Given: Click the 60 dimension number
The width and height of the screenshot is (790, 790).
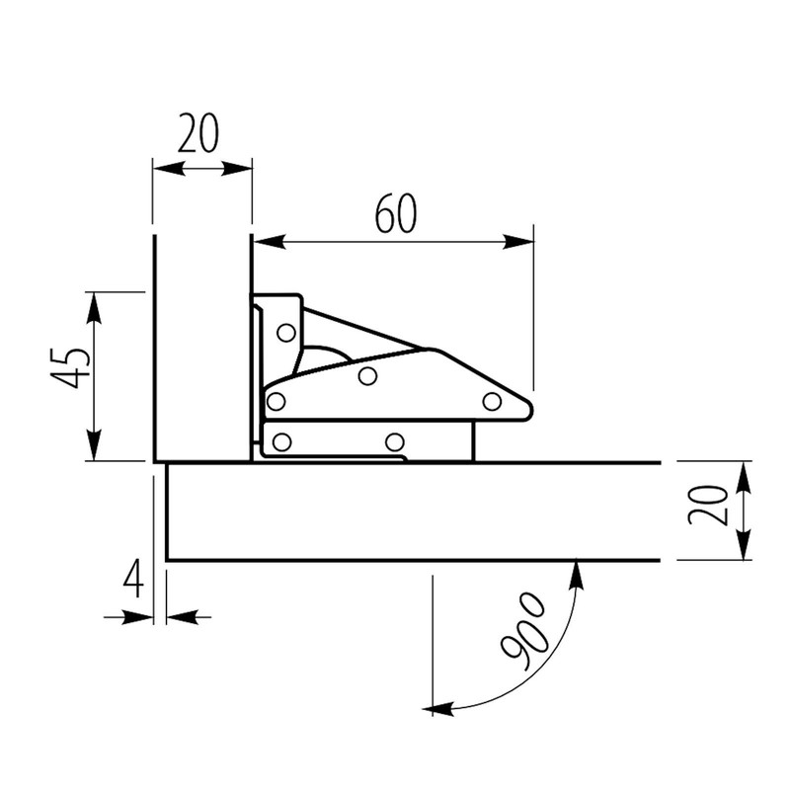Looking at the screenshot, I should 395,214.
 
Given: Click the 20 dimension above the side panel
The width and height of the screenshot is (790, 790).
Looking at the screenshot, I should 198,132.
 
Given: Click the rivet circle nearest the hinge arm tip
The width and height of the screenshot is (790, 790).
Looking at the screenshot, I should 492,400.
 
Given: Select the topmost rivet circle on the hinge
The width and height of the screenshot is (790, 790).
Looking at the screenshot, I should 285,333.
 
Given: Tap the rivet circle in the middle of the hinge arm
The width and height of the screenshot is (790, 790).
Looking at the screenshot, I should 367,375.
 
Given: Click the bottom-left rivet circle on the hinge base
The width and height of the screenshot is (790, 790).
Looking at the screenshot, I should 281,441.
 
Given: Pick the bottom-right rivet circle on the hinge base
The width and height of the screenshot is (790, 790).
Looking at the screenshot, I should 395,441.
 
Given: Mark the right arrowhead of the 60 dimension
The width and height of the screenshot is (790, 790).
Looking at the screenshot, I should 519,242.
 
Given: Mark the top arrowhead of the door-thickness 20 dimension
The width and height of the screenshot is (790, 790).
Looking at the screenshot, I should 744,475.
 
